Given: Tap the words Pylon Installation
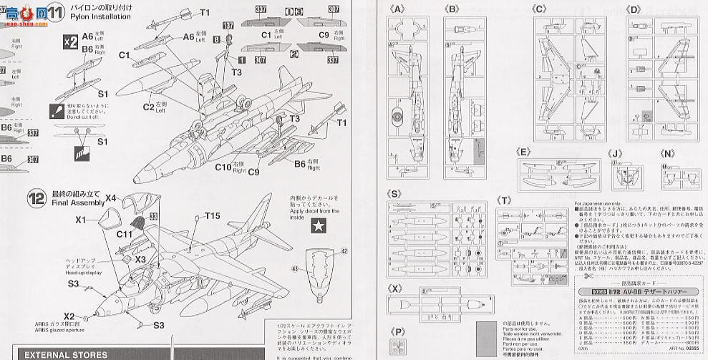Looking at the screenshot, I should point(97,22).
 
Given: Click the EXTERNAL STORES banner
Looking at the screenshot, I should point(66,354).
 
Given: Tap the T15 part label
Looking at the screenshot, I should point(213,216).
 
